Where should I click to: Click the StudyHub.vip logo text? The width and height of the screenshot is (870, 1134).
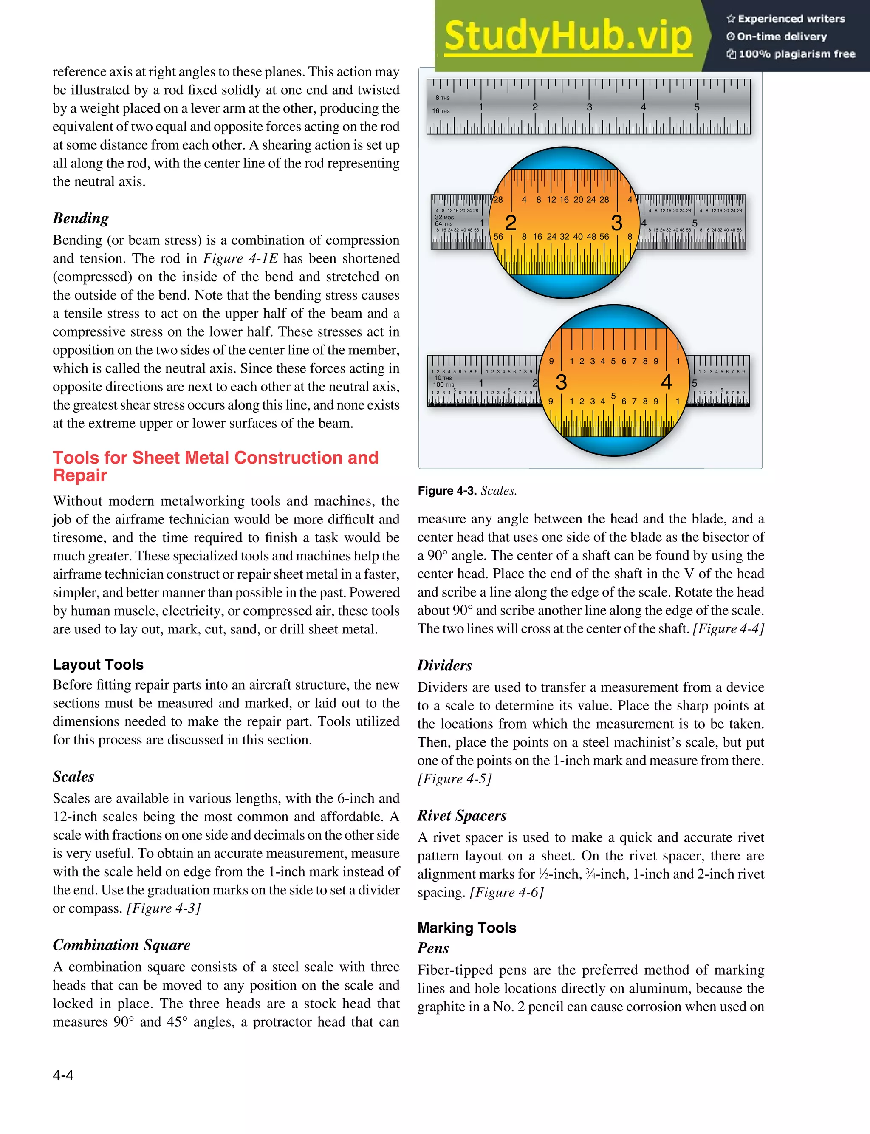[568, 36]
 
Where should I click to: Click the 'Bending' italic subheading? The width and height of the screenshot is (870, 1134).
[81, 218]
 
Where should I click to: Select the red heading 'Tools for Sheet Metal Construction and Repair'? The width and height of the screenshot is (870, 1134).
[215, 466]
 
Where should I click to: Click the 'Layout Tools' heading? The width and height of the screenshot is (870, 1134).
[98, 665]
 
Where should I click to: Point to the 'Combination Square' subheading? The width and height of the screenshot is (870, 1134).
[121, 945]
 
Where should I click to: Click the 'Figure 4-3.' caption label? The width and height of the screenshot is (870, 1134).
[447, 490]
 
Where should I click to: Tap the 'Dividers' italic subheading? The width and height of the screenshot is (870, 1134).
[444, 665]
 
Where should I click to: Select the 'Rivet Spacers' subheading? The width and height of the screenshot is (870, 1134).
[461, 815]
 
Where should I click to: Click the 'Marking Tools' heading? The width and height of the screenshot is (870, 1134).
[466, 928]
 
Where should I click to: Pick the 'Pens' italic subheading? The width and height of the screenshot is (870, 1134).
[433, 947]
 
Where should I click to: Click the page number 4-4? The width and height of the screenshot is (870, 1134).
[63, 1075]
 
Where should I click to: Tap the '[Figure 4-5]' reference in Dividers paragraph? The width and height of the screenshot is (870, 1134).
[454, 778]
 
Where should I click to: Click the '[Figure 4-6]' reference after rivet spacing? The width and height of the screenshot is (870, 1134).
[506, 892]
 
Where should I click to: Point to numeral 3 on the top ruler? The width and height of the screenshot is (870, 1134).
[589, 107]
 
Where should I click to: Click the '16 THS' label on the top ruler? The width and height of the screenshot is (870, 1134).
[441, 111]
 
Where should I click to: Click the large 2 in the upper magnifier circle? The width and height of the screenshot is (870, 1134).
[510, 223]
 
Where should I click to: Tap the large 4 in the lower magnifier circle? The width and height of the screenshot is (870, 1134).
[666, 382]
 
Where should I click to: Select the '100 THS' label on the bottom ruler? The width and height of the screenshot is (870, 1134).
[443, 385]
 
